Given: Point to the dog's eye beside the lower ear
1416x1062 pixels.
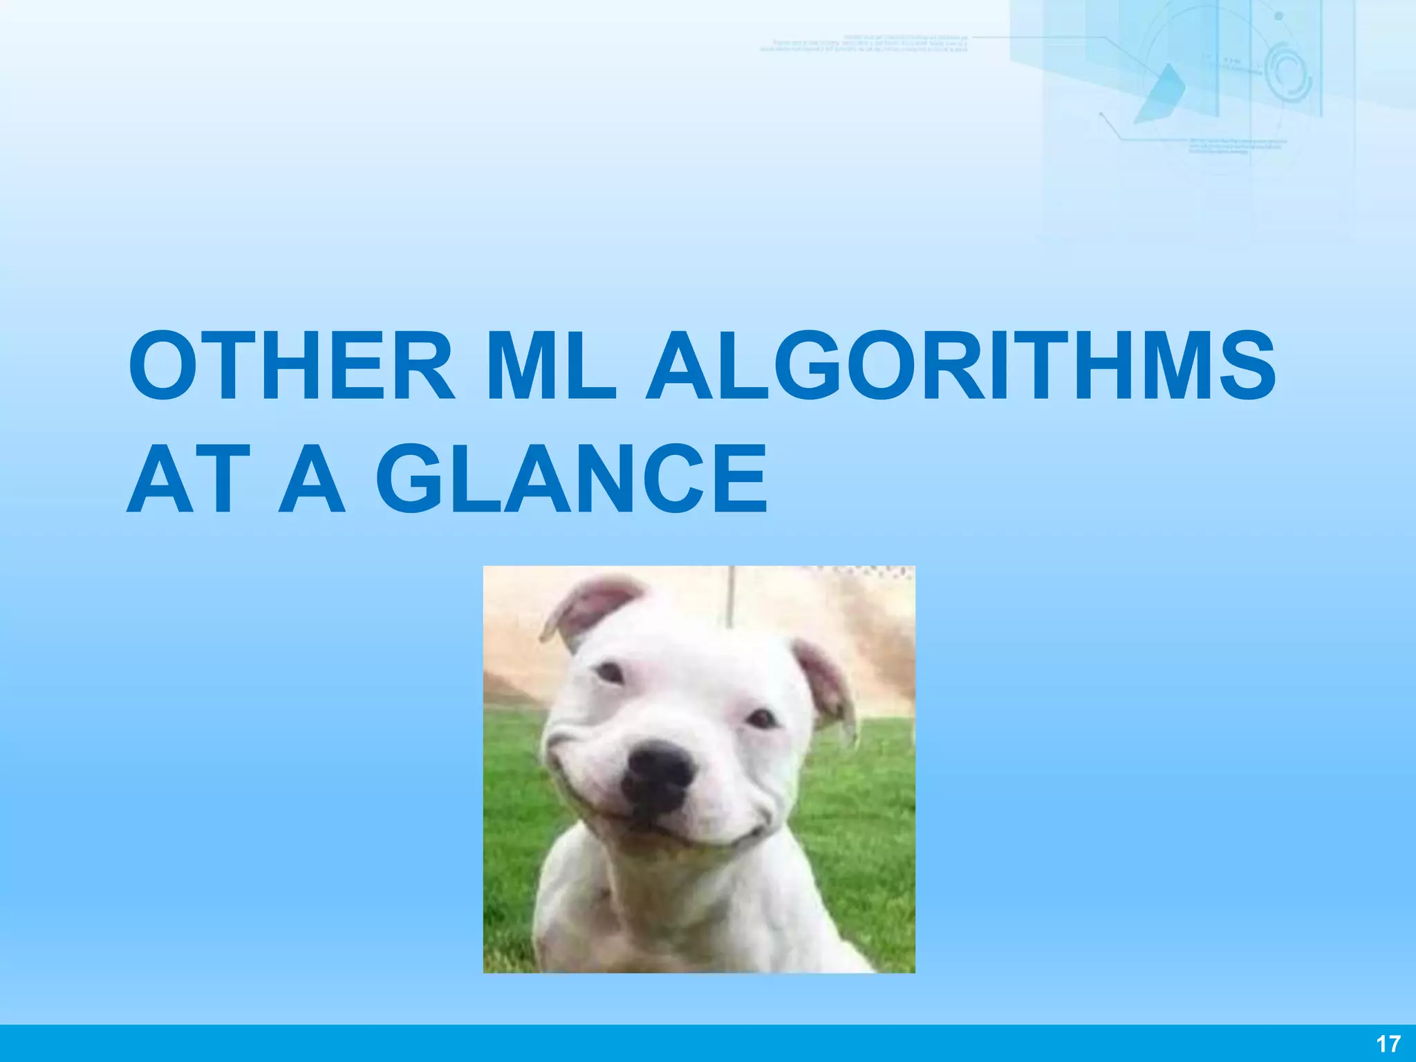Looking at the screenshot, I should [x=763, y=719].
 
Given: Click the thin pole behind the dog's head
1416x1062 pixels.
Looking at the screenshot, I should [x=730, y=595].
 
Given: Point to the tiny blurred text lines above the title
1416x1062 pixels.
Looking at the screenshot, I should [x=864, y=43].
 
